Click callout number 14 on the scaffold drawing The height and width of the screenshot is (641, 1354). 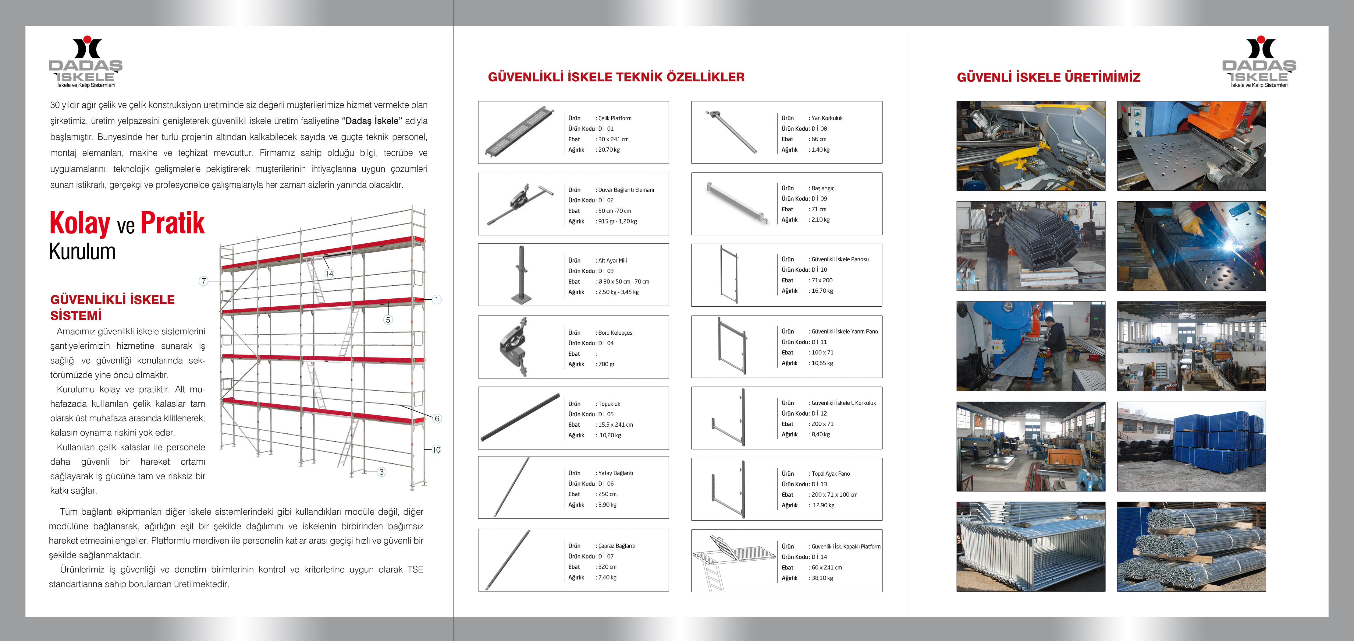click(329, 273)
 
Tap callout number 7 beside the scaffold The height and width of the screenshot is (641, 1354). click(204, 281)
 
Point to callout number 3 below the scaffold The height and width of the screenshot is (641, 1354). click(382, 472)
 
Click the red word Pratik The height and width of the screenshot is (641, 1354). click(172, 223)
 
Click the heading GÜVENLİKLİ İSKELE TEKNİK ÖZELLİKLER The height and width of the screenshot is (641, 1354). click(616, 77)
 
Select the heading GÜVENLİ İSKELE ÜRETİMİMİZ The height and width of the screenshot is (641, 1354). click(1049, 77)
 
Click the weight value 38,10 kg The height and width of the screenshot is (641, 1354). click(822, 578)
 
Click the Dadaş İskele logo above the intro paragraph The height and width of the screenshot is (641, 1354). click(86, 62)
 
